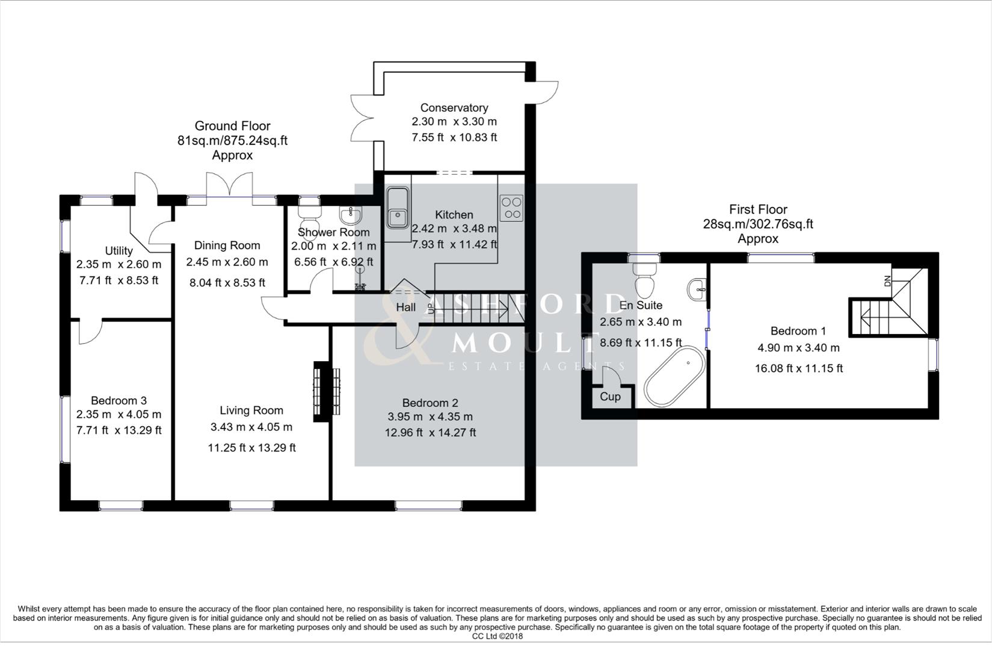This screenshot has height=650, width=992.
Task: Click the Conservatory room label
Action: pos(454,108)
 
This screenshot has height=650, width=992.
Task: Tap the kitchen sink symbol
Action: pos(397,207)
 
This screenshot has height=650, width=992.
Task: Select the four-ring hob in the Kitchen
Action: pos(512,208)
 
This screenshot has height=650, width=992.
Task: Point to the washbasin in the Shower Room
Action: pos(350,215)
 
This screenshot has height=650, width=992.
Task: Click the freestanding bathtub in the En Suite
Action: pos(674,376)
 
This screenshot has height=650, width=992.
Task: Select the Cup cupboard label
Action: pos(610,397)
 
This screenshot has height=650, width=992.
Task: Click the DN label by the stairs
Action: pos(887,281)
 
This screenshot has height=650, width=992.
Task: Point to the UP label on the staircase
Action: pos(431,308)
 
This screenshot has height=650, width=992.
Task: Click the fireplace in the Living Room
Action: pos(327,391)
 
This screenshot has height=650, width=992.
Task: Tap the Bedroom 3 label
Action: pos(119,401)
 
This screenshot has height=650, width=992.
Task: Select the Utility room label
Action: pos(119,251)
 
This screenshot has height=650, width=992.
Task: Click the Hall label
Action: pos(405,308)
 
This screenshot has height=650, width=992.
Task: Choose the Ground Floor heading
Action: pos(232,126)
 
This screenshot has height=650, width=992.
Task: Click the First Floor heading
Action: pos(757,209)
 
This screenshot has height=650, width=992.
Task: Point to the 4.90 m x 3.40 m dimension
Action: pos(798,348)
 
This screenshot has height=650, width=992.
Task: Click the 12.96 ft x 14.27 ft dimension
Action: pos(430,433)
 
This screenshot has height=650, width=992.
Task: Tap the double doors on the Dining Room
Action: pos(229,184)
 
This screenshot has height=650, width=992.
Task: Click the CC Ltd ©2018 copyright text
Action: pos(497,636)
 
